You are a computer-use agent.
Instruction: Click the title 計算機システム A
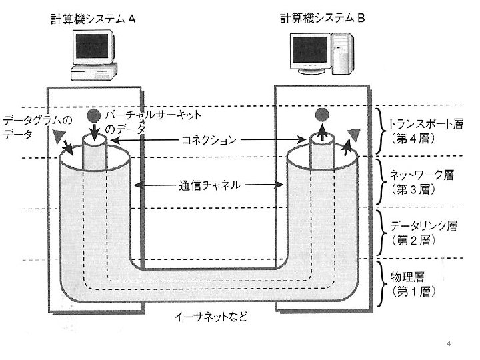pyautogui.click(x=94, y=19)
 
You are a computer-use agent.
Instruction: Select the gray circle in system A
pyautogui.click(x=94, y=115)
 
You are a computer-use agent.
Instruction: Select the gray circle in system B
pyautogui.click(x=322, y=115)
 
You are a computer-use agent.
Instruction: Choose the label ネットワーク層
pyautogui.click(x=421, y=175)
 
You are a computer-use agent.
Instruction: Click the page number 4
pyautogui.click(x=449, y=343)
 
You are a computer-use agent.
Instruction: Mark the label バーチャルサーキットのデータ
pyautogui.click(x=153, y=121)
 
